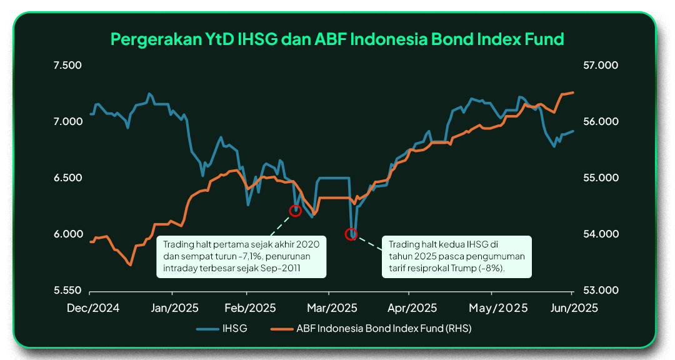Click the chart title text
[x=337, y=39]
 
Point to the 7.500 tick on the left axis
[x=67, y=65]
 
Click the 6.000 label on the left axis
[x=68, y=234]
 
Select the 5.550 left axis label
[x=67, y=290]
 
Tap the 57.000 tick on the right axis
[x=600, y=65]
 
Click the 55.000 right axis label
[x=600, y=177]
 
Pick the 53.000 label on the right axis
[x=600, y=290]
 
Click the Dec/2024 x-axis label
[x=93, y=308]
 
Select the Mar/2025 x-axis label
[x=332, y=308]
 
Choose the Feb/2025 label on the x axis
[x=250, y=308]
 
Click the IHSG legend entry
[x=222, y=329]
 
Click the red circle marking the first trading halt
[x=295, y=206]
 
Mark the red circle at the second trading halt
[x=351, y=229]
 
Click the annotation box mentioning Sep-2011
[x=241, y=257]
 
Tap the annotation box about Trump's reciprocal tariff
[x=457, y=257]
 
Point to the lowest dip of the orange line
[x=131, y=264]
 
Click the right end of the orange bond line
[x=573, y=92]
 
